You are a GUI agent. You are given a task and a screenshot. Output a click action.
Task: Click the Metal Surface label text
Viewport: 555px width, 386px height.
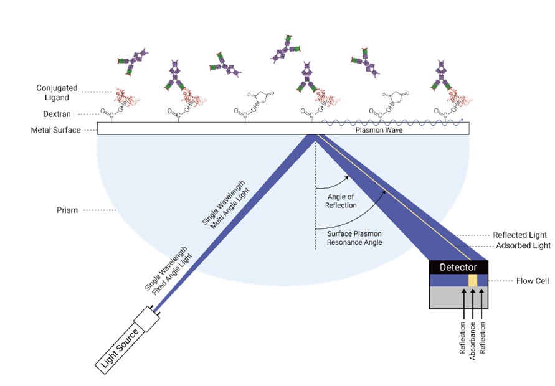[x=55, y=130]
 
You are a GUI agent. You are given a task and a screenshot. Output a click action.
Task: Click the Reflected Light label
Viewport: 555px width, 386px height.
[x=520, y=235]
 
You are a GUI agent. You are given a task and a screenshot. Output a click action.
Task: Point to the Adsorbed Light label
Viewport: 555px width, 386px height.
[x=521, y=246]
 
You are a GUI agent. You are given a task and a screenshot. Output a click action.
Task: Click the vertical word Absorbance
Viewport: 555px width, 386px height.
[x=473, y=339]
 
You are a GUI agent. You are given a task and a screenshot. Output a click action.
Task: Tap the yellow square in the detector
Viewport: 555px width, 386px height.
[x=473, y=281]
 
